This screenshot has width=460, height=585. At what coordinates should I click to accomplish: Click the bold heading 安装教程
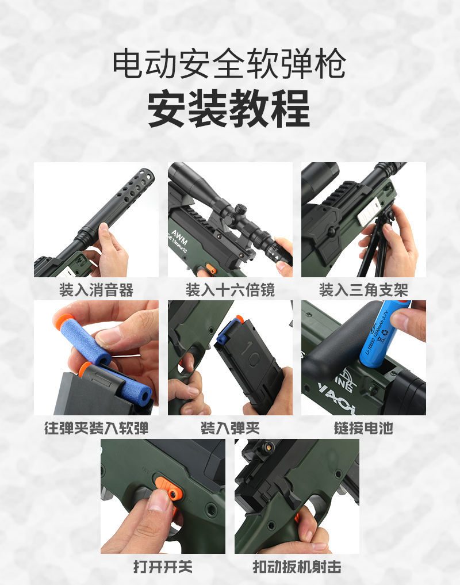coord(229,109)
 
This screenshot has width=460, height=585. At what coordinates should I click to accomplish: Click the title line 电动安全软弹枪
coord(229,64)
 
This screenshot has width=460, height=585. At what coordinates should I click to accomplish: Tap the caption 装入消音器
coord(96,289)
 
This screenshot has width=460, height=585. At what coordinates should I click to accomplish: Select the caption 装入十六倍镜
coord(230,289)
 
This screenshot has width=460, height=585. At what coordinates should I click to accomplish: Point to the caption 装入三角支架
coord(363,289)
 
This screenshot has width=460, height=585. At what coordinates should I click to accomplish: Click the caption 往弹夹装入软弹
coord(96,428)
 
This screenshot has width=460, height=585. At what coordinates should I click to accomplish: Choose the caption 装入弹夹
coord(230,428)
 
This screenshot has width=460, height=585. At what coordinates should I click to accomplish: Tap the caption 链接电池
coord(363,428)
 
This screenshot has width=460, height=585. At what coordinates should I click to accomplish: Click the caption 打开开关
coord(163,567)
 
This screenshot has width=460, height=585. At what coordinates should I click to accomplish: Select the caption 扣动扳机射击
coord(297,567)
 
